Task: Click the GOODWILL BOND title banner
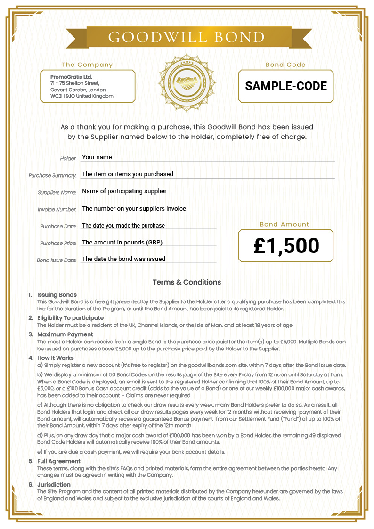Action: click(187, 37)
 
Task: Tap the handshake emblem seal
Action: click(187, 85)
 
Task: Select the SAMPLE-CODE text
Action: click(286, 86)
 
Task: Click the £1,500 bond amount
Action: click(286, 245)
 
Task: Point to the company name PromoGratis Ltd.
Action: click(71, 77)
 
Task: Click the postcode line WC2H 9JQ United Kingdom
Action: click(81, 96)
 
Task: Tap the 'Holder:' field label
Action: click(68, 158)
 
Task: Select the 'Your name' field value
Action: click(97, 157)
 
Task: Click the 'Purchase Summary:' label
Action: click(52, 176)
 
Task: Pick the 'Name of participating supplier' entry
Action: click(124, 191)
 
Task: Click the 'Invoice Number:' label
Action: click(57, 210)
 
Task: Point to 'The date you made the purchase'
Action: click(123, 226)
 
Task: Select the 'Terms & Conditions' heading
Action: click(187, 282)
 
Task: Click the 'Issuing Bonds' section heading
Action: click(57, 295)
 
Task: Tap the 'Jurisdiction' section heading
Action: click(54, 485)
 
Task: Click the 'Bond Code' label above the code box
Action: click(285, 65)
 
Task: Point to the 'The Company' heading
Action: click(87, 65)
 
